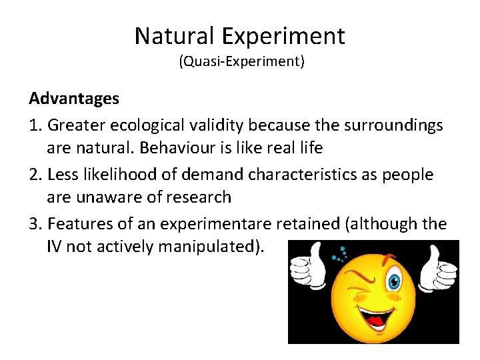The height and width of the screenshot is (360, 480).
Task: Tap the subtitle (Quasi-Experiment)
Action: click(x=241, y=62)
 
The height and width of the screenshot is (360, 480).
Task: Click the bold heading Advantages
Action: click(x=74, y=99)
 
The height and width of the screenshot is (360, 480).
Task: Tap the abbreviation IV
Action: click(x=55, y=248)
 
